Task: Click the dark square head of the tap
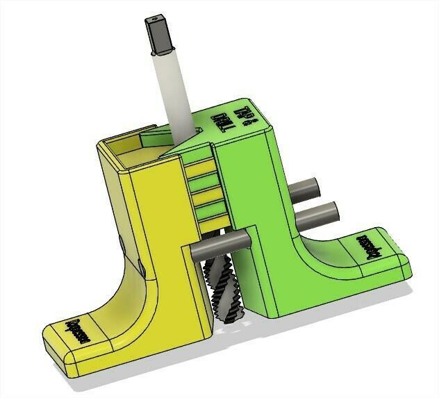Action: (x=158, y=36)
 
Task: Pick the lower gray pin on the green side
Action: (x=316, y=212)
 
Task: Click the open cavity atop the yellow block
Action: (x=132, y=149)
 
